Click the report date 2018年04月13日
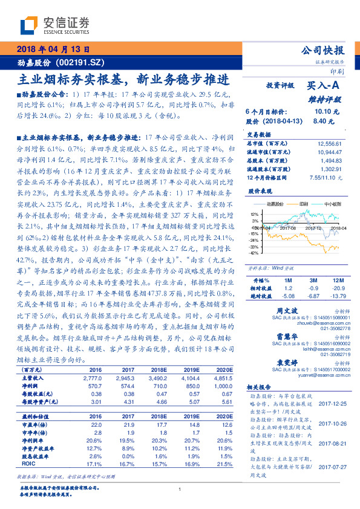coord(53,49)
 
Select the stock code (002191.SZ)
coord(78,62)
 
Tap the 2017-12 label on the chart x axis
coord(309,228)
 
